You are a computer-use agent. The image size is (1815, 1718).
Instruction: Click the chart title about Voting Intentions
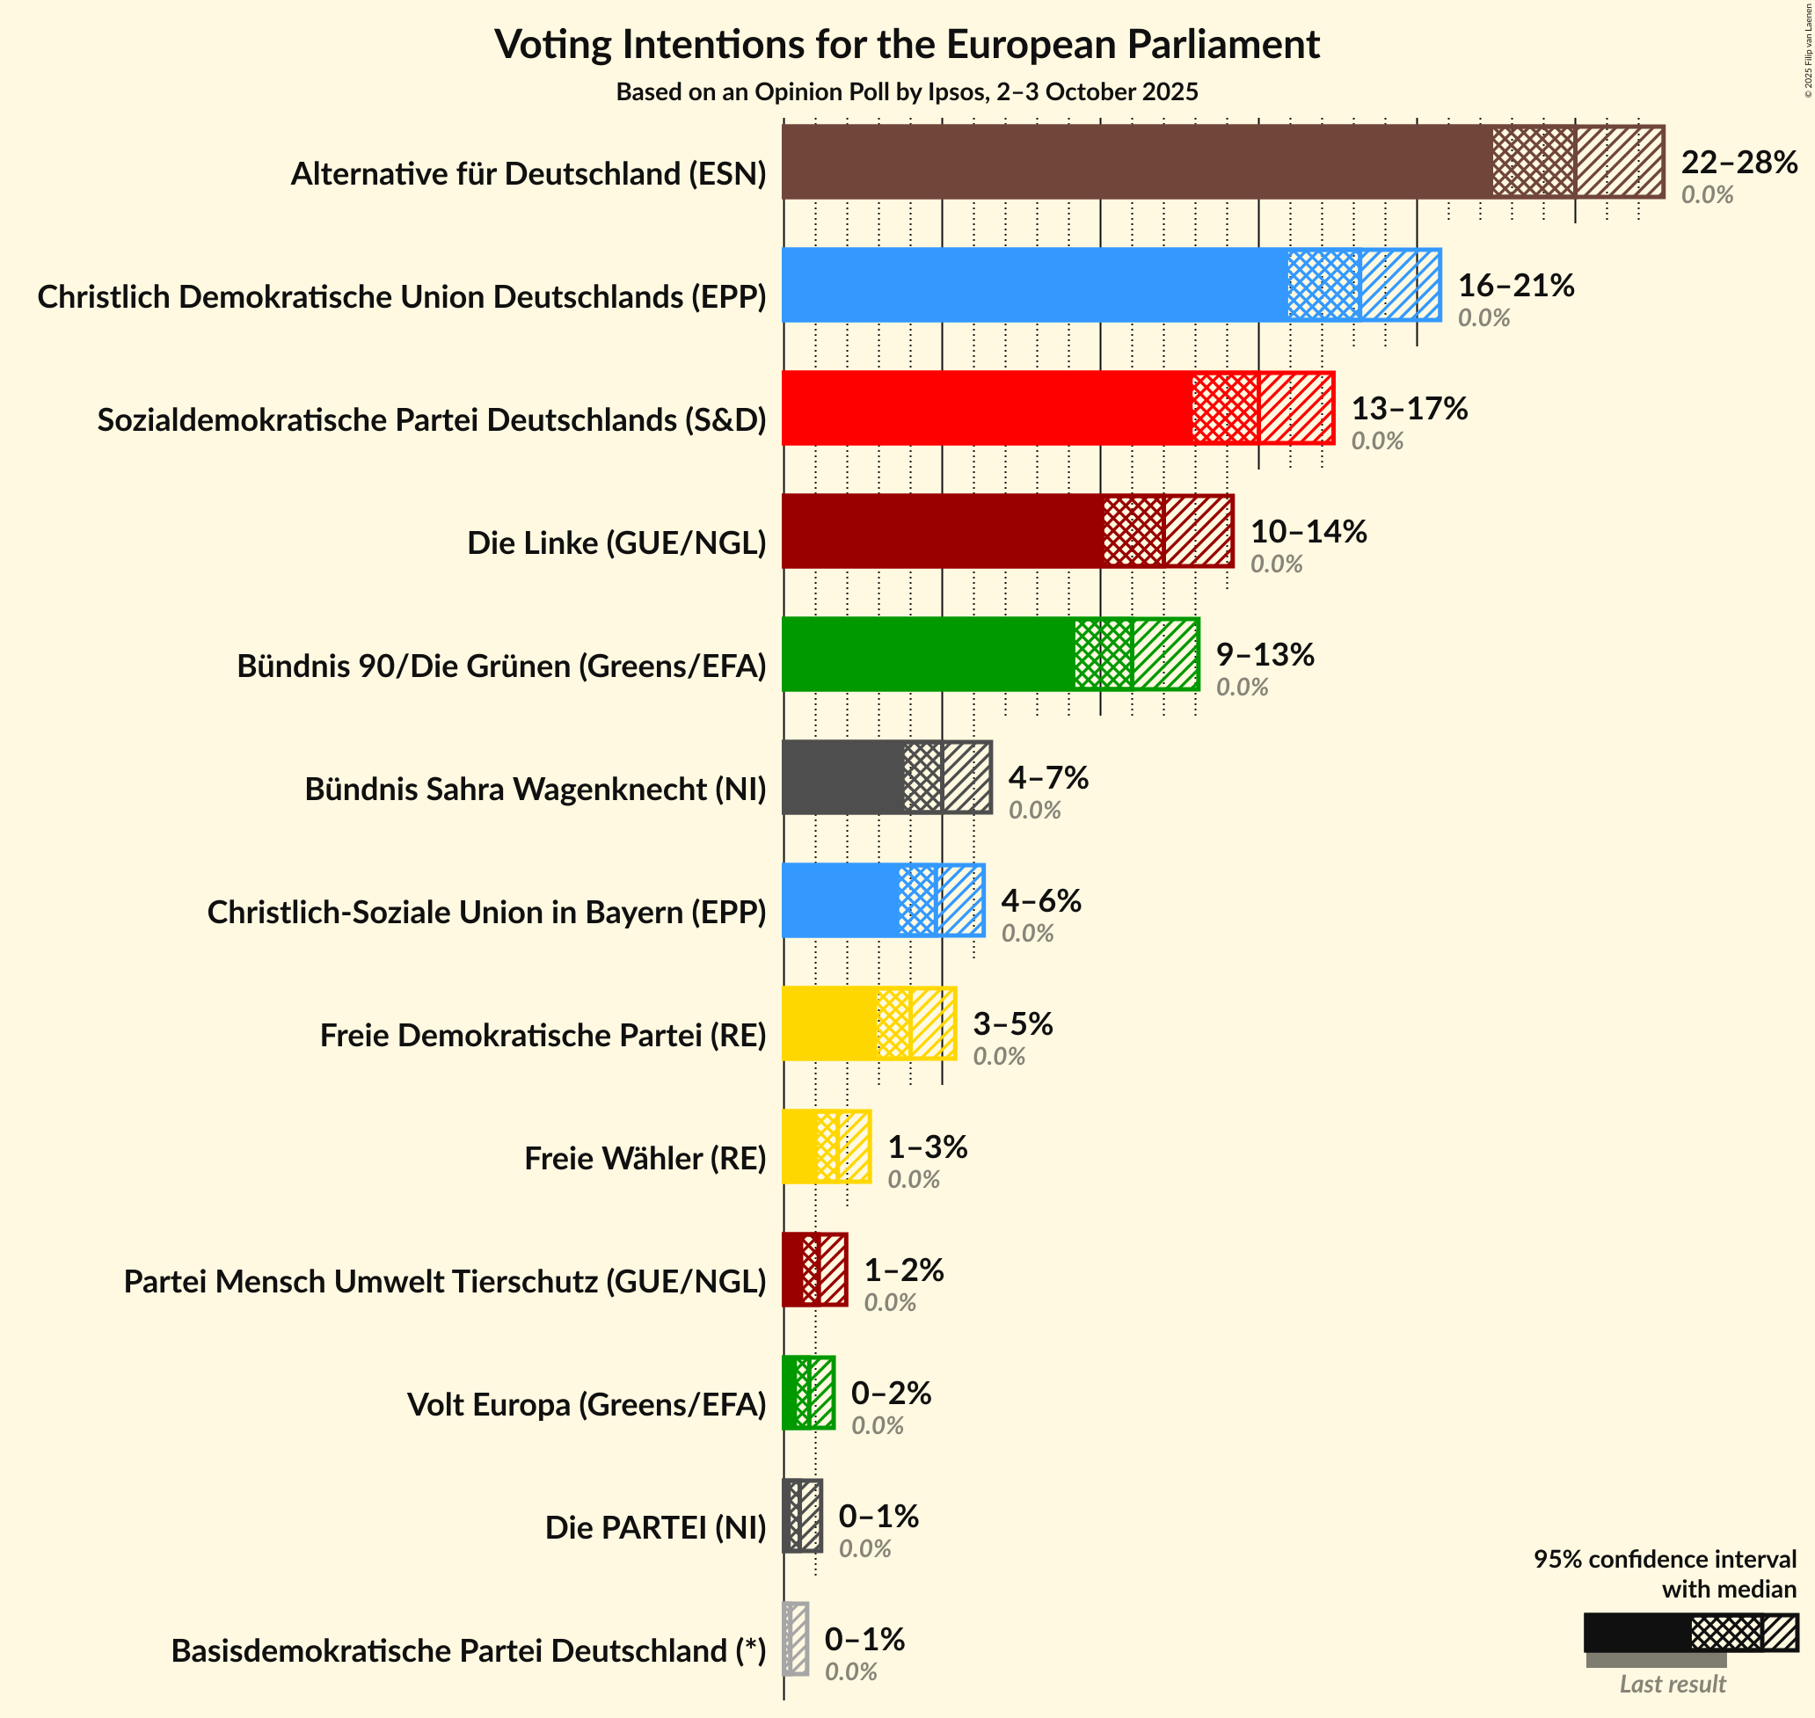tap(907, 44)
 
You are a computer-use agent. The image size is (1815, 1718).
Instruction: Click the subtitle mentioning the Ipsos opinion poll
tap(907, 91)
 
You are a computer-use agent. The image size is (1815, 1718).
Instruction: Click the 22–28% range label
tap(1739, 162)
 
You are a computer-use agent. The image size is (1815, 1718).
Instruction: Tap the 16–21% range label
tap(1515, 286)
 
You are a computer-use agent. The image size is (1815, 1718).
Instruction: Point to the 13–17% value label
tap(1410, 409)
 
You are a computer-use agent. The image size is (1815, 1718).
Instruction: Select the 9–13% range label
tap(1265, 655)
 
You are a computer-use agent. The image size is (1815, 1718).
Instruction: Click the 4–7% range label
tap(1047, 778)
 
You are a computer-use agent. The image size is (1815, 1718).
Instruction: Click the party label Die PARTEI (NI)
tap(655, 1526)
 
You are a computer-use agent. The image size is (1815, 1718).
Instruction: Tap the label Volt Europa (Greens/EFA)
tap(586, 1404)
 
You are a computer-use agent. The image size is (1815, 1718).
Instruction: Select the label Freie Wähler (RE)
tap(645, 1159)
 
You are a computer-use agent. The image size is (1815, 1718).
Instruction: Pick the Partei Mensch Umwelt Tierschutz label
tap(445, 1281)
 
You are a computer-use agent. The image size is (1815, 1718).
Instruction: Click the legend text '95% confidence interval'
tap(1665, 1559)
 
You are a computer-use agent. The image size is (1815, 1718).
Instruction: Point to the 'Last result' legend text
tap(1673, 1683)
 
